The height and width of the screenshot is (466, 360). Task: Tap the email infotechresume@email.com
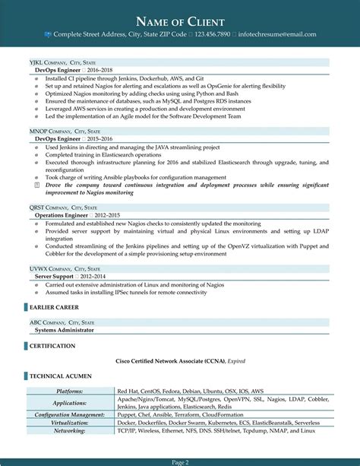click(x=278, y=34)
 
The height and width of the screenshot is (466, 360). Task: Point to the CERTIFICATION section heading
click(x=52, y=325)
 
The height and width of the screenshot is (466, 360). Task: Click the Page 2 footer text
click(x=180, y=461)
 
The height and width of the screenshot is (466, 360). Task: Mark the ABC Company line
click(x=62, y=302)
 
